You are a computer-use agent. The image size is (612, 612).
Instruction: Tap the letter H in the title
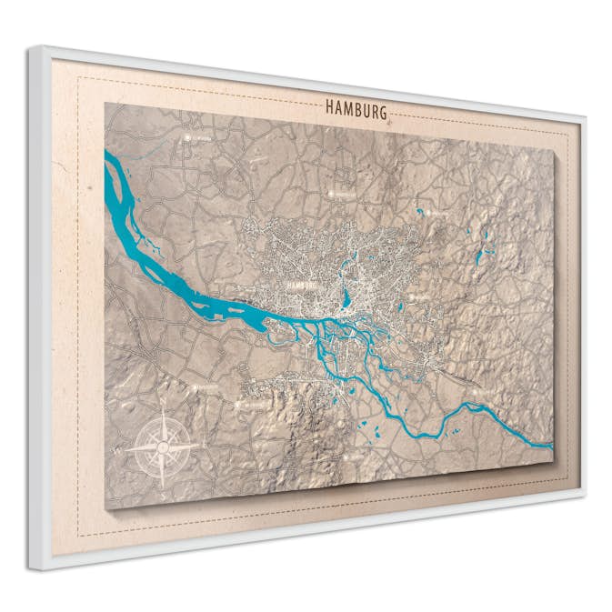[x=330, y=107]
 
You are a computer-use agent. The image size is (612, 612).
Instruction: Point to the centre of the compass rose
[x=163, y=446]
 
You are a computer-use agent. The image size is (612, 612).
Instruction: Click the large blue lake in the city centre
[x=346, y=296]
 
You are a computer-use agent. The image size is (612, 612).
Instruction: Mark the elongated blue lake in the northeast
[x=479, y=256]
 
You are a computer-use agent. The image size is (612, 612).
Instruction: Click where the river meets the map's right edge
[x=549, y=446]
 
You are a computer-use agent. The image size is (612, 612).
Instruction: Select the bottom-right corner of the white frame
[x=583, y=497]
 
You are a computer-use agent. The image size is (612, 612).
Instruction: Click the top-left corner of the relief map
[x=105, y=103]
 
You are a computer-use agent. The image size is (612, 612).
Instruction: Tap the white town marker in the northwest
[x=192, y=138]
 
